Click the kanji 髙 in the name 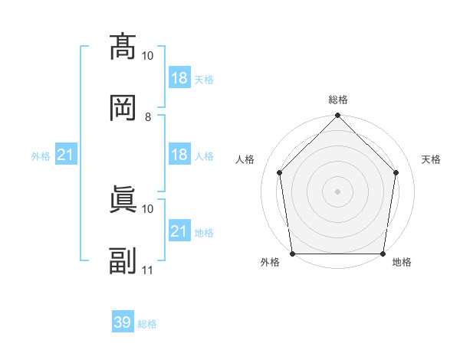click(123, 47)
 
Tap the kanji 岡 click(123, 108)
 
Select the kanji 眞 click(123, 199)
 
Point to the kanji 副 click(123, 260)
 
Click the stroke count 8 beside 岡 click(148, 117)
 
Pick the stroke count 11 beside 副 click(147, 270)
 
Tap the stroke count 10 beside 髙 click(147, 56)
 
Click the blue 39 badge click(123, 321)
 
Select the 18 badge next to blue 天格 click(180, 77)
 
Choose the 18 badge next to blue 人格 click(180, 154)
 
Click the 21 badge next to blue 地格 click(180, 230)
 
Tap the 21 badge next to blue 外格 click(66, 154)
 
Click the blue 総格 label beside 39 click(147, 324)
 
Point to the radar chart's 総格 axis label click(338, 100)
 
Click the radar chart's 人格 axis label click(245, 159)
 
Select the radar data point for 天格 click(396, 172)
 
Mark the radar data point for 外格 click(293, 254)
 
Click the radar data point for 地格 click(383, 254)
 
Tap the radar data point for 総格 click(337, 115)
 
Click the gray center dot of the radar click(337, 191)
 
